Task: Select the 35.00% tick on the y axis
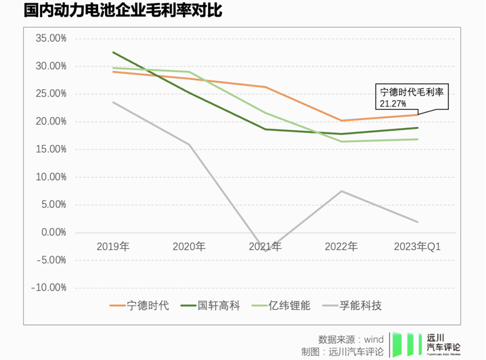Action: tap(50, 38)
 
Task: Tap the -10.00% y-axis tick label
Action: tap(49, 288)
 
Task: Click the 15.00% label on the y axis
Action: tap(50, 149)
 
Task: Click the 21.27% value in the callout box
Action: tap(394, 102)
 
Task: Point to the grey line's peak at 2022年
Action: tap(342, 191)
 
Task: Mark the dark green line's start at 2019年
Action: tap(113, 52)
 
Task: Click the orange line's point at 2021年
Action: tap(265, 87)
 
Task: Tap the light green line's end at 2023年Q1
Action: tap(417, 139)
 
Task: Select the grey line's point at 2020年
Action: tap(189, 144)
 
